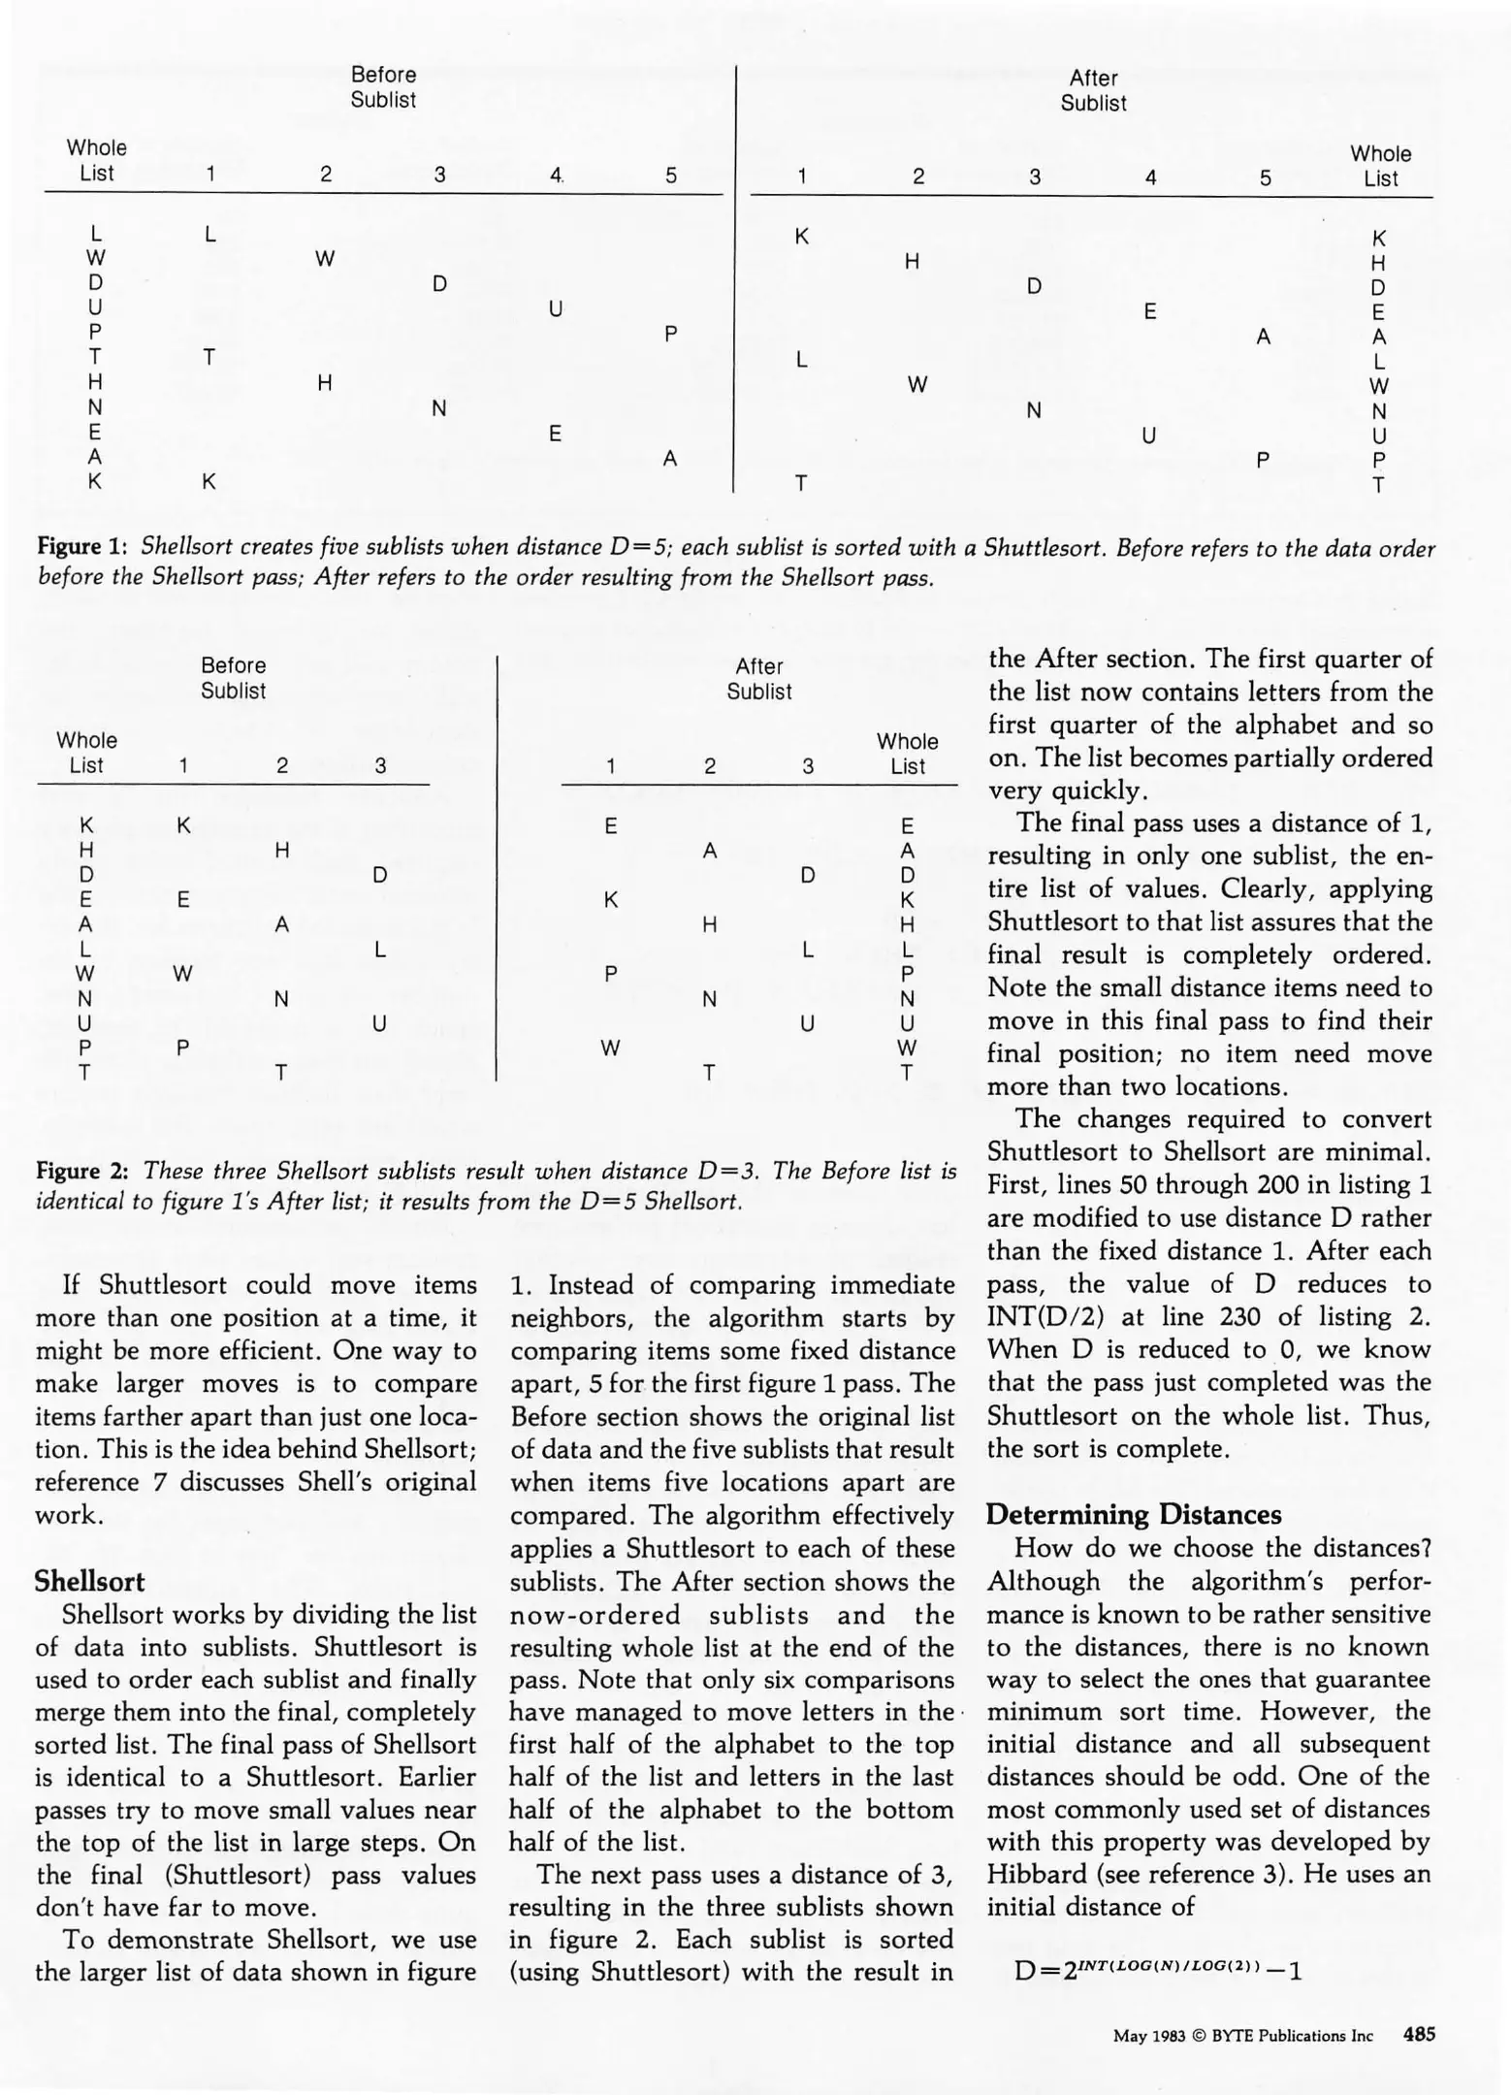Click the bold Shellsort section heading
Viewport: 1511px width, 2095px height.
tap(89, 1582)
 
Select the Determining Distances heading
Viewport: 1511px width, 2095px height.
tap(1134, 1515)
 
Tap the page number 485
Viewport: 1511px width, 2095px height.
tap(1419, 2035)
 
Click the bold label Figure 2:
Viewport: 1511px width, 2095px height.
tap(82, 1171)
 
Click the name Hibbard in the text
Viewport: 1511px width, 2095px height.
tap(1029, 1874)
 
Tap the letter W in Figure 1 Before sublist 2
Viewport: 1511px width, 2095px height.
tap(325, 259)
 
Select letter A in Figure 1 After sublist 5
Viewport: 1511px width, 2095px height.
tap(1263, 337)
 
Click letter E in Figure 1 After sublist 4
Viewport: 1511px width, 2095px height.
tap(1149, 311)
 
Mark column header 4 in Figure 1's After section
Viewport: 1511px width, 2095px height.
tap(1150, 177)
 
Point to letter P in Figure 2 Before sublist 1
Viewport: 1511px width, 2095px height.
tap(182, 1047)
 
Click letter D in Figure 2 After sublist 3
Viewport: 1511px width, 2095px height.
tap(807, 876)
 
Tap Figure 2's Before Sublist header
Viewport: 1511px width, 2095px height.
tap(233, 678)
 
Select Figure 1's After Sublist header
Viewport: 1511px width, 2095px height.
tap(1093, 90)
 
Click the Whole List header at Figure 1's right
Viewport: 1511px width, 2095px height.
tap(1380, 166)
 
